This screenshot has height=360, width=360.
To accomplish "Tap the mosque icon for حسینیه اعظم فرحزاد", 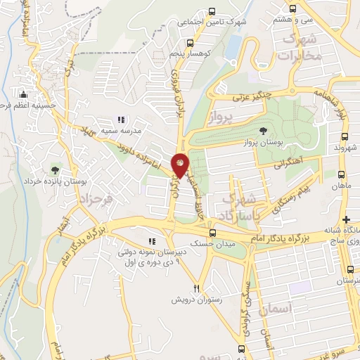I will click(x=23, y=94).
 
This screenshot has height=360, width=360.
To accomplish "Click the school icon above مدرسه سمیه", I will click(x=121, y=120).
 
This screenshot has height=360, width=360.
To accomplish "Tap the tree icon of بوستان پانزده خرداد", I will click(x=55, y=169).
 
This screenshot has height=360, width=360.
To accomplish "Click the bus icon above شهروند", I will click(x=342, y=136).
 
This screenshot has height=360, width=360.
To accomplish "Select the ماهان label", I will click(x=342, y=184).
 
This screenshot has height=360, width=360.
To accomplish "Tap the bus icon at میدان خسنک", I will click(x=212, y=234).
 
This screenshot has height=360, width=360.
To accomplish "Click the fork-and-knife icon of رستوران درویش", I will click(x=197, y=288).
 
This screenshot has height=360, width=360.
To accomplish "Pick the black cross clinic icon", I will click(x=345, y=220).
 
